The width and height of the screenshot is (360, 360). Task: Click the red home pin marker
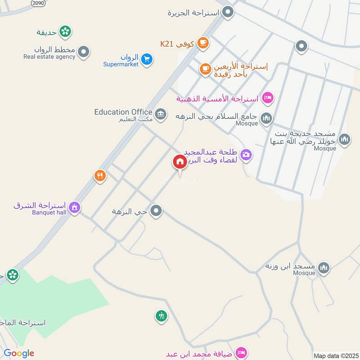pos(180,162)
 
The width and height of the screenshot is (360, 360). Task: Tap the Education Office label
pos(123,112)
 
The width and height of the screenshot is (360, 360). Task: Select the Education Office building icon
pos(161,113)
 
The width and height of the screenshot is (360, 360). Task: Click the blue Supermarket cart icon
pos(146,59)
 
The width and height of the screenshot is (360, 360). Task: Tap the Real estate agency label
pos(49,57)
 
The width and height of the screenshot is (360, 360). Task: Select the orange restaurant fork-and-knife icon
pos(100,175)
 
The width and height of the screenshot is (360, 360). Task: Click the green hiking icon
pos(161,316)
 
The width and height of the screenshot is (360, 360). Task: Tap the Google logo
pos(19,353)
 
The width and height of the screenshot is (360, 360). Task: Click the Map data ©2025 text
pos(335,356)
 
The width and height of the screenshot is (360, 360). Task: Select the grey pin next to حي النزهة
pos(156,211)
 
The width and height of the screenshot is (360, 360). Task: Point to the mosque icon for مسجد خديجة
pos(344,140)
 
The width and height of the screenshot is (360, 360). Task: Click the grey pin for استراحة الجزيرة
pos(229,12)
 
